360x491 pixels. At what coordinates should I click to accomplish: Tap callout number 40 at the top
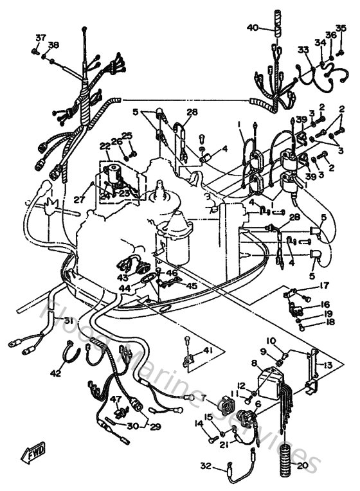[252, 28]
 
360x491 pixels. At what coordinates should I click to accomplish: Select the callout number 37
[40, 37]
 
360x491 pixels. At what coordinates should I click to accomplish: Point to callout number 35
[341, 28]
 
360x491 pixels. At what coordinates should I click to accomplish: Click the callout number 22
[104, 146]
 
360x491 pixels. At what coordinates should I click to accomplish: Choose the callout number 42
[56, 373]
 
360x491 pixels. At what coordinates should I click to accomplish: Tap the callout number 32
[205, 465]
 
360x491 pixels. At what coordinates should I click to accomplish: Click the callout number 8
[253, 363]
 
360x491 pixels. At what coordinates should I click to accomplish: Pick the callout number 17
[325, 285]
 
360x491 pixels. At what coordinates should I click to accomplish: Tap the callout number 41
[207, 350]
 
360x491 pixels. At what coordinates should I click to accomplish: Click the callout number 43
[122, 276]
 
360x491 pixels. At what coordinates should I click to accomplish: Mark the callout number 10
[271, 340]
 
